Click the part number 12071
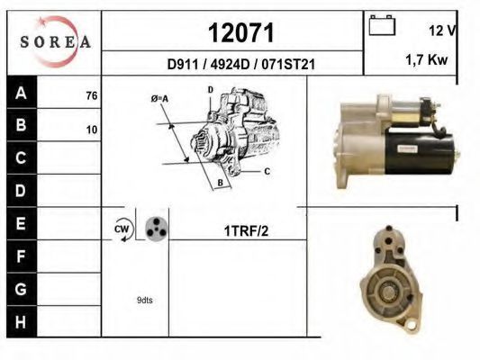tap(241, 32)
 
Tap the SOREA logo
tap(55, 41)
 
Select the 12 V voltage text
tap(443, 31)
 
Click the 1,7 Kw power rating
tap(427, 60)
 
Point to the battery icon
tap(382, 25)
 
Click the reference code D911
tap(183, 65)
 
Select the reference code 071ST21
tap(288, 65)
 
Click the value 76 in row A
tap(92, 96)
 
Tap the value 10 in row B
tap(92, 130)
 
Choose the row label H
tap(21, 322)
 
